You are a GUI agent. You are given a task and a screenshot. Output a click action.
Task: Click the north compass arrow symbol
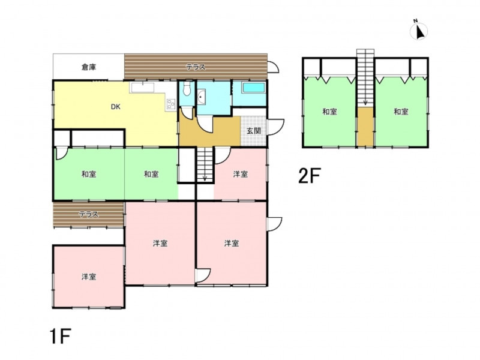tap(419, 31)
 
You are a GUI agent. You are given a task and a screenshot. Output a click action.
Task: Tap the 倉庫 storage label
tap(89, 67)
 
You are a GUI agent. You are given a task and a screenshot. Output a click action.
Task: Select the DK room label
tap(115, 107)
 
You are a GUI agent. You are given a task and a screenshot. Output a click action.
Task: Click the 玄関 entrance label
tap(254, 131)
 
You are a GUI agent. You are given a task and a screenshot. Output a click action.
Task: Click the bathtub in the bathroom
tap(253, 88)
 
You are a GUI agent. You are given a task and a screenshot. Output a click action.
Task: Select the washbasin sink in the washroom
tap(202, 97)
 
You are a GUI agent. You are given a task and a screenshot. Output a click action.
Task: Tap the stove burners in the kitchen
tap(170, 104)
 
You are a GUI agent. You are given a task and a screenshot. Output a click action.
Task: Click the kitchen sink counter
tap(143, 88)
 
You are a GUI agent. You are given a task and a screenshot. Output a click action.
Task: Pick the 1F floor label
tap(60, 336)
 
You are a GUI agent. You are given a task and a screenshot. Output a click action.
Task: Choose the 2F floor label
tap(309, 176)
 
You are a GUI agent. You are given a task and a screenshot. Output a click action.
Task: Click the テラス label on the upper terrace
tap(196, 67)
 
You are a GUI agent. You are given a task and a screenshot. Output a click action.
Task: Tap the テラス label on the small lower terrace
tap(89, 214)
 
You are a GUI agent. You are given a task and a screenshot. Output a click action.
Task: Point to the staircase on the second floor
tap(365, 78)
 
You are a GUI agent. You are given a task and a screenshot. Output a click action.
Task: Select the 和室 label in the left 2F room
tap(329, 112)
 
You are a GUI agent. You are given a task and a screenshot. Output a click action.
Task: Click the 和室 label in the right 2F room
tap(401, 112)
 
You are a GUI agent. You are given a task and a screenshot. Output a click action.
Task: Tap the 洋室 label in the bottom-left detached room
tap(89, 277)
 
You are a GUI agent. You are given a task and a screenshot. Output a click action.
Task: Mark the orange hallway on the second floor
tap(365, 127)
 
